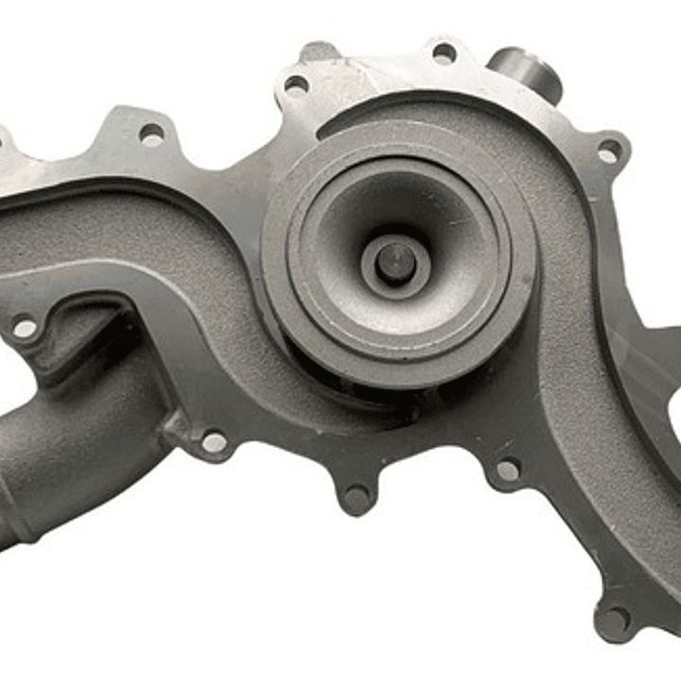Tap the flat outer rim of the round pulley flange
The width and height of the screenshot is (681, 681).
284,284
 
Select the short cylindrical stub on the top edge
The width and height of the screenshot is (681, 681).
527,70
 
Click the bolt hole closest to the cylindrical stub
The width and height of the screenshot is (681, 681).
444,53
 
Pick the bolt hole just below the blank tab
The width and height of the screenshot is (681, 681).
296,85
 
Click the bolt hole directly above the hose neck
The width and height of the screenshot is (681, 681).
25,329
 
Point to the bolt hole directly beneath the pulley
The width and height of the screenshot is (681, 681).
356,494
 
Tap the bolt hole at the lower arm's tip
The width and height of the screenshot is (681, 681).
614,620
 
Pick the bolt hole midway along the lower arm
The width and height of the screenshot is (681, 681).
509,471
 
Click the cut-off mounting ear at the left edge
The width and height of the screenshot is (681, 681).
8,152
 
